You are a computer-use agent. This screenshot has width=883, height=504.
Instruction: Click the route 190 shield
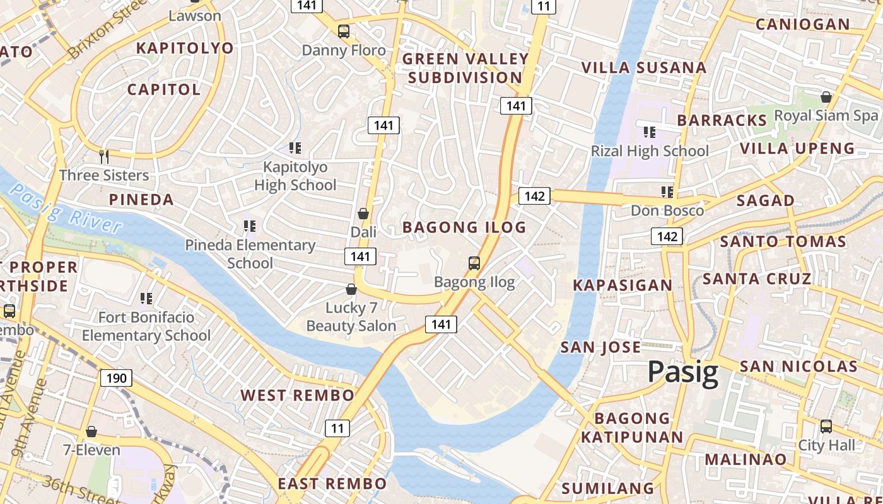click(x=116, y=378)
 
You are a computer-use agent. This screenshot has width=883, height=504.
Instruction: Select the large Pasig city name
click(x=683, y=372)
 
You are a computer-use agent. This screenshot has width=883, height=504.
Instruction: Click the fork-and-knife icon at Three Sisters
click(x=104, y=156)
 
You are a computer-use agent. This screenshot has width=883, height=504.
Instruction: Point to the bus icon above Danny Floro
click(x=344, y=31)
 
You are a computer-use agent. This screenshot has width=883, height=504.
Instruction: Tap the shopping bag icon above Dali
click(x=363, y=213)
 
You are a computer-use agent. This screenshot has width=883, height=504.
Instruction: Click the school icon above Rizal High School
click(x=649, y=132)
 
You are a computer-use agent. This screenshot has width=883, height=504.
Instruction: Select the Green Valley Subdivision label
click(x=465, y=68)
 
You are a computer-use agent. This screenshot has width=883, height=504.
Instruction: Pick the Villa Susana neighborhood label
click(x=643, y=67)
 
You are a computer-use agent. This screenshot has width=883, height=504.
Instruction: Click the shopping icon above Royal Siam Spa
click(x=826, y=97)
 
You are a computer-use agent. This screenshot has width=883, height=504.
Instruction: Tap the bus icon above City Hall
click(x=826, y=427)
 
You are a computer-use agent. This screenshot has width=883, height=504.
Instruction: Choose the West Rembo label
click(x=297, y=396)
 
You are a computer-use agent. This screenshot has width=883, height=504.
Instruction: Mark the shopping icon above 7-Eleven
click(x=91, y=432)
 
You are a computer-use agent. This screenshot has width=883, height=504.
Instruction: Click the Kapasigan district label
click(x=623, y=285)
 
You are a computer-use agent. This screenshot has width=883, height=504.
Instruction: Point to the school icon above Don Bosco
click(x=667, y=192)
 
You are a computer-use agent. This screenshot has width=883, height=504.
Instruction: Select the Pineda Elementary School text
click(x=250, y=253)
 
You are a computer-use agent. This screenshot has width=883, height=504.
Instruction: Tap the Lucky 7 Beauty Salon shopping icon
click(x=351, y=289)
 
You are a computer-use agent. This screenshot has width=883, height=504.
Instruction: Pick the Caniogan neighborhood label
click(x=802, y=25)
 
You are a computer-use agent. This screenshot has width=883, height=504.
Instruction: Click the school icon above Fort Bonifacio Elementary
click(x=146, y=298)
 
